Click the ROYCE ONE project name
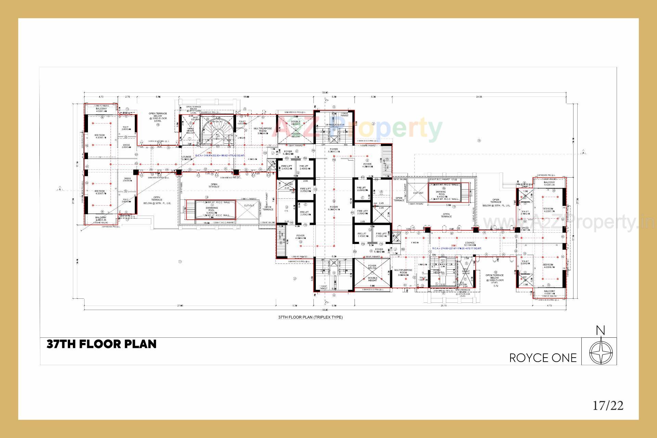[x=543, y=358]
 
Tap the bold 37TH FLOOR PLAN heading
[x=102, y=344]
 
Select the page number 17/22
[x=608, y=405]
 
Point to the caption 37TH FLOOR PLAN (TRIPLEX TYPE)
[x=310, y=317]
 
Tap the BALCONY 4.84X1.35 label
[x=101, y=219]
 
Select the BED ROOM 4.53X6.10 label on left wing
[x=100, y=137]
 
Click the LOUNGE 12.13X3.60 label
[x=470, y=244]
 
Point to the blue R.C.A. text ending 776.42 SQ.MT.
[x=220, y=156]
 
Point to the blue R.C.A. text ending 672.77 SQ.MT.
[x=457, y=248]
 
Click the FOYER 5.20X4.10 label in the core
[x=334, y=208]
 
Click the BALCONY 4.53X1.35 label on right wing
[x=549, y=184]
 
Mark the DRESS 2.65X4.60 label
[x=127, y=180]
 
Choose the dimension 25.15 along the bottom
[x=444, y=306]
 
